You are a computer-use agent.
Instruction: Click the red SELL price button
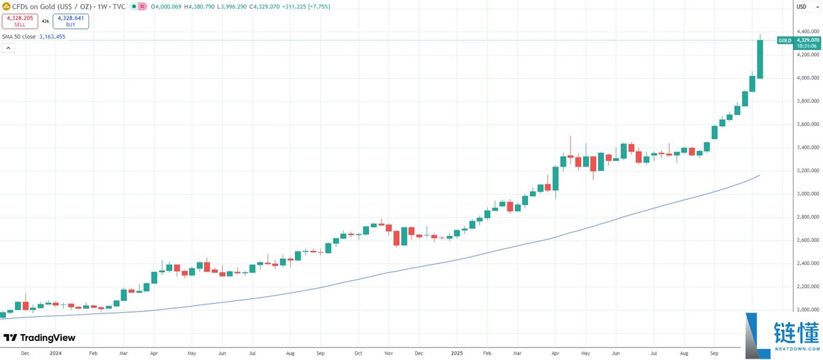(x=19, y=21)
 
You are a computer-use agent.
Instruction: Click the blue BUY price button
(x=71, y=21)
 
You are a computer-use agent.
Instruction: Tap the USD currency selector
(x=800, y=6)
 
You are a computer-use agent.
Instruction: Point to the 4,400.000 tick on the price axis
(x=805, y=32)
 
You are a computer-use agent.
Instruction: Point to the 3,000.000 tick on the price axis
(x=805, y=194)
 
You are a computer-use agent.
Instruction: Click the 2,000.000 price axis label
(x=805, y=310)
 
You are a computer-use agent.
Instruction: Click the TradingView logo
(x=39, y=338)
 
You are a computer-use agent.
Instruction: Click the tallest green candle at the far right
(x=760, y=59)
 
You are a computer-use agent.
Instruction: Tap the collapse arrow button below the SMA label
(x=9, y=48)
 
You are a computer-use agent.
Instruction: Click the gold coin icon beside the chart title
(x=6, y=6)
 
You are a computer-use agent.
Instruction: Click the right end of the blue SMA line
(x=759, y=176)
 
